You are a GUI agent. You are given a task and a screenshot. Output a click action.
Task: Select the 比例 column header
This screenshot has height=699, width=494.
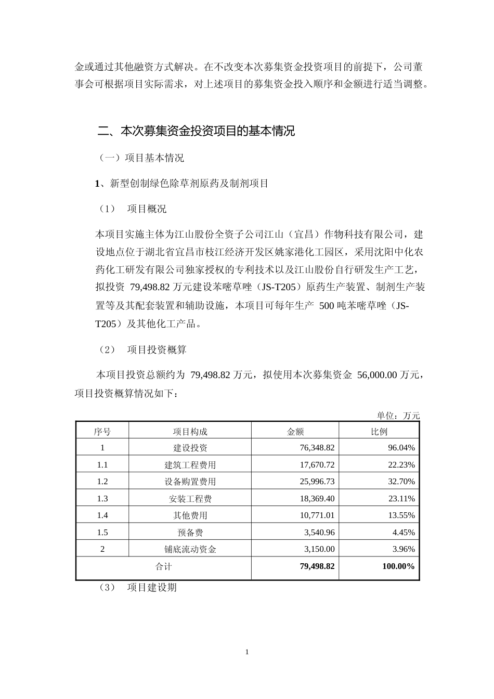pyautogui.click(x=379, y=431)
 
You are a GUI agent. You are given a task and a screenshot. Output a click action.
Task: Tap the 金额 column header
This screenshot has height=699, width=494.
pyautogui.click(x=295, y=431)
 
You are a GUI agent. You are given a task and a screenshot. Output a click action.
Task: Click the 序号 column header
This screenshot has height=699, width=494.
pyautogui.click(x=102, y=431)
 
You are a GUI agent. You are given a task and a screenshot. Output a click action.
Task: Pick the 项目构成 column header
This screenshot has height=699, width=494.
pyautogui.click(x=190, y=431)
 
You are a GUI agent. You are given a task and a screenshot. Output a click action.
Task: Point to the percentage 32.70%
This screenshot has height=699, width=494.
pyautogui.click(x=401, y=482)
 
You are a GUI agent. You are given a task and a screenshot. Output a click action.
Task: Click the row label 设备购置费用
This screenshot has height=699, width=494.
pyautogui.click(x=190, y=482)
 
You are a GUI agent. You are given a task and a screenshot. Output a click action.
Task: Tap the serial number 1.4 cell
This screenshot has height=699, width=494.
pyautogui.click(x=102, y=515)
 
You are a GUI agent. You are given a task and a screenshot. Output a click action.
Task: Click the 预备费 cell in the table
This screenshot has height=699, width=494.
pyautogui.click(x=190, y=532)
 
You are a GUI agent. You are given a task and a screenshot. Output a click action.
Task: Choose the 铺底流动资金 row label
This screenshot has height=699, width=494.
pyautogui.click(x=190, y=549)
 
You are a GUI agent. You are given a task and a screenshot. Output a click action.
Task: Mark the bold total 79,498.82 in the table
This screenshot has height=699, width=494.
pyautogui.click(x=317, y=566)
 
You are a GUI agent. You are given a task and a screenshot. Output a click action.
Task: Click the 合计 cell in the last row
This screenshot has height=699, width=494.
pyautogui.click(x=163, y=566)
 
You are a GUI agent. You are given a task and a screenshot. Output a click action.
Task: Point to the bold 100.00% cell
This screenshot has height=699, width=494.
pyautogui.click(x=398, y=566)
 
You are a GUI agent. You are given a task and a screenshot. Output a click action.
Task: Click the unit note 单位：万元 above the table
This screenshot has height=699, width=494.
pyautogui.click(x=398, y=415)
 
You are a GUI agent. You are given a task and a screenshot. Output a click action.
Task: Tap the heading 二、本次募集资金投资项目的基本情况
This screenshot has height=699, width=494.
pyautogui.click(x=196, y=131)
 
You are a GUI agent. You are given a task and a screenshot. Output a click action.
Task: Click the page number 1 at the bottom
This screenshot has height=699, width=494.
pyautogui.click(x=247, y=652)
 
